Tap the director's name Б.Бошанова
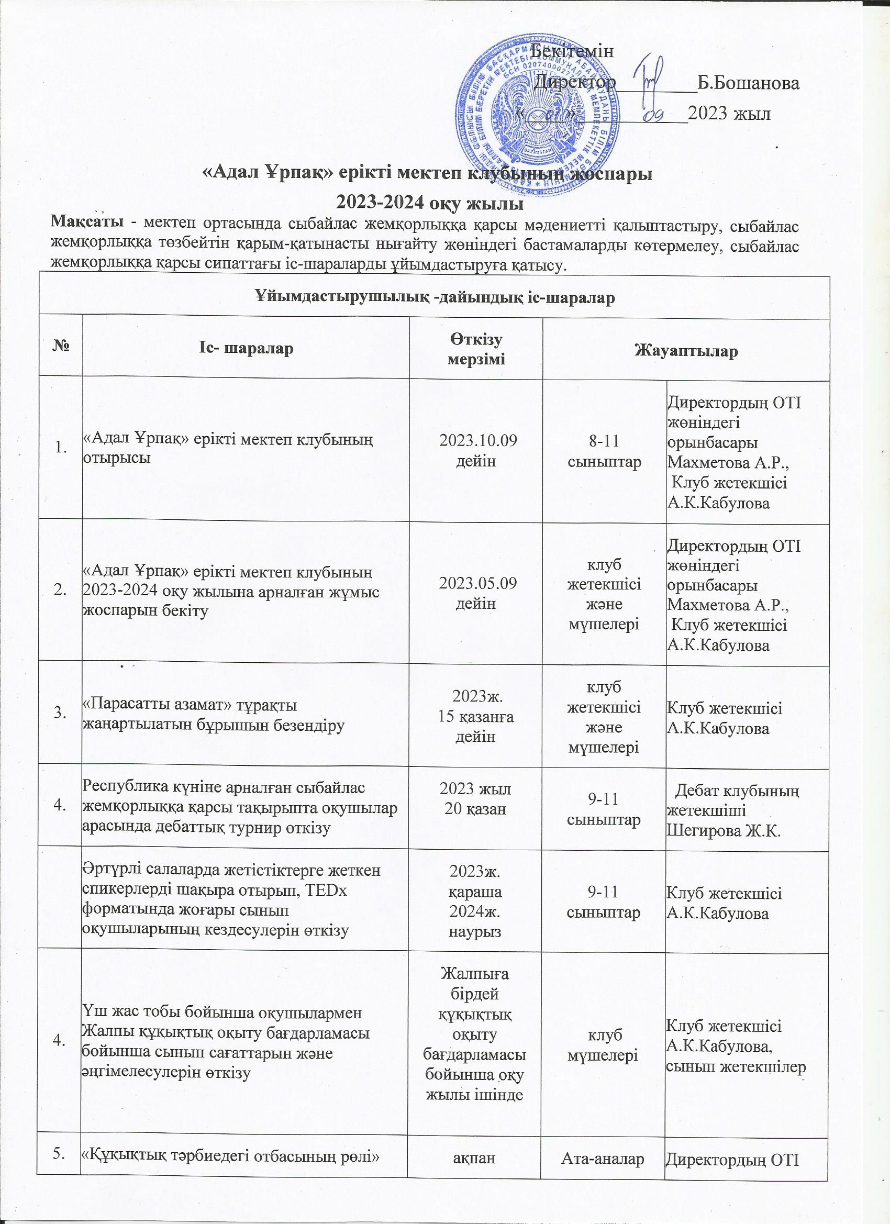(x=748, y=84)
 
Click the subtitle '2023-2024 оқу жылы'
(x=430, y=205)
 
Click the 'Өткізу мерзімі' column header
(x=476, y=349)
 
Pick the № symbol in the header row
(x=61, y=348)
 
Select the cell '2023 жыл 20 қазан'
(x=476, y=799)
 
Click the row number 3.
(x=60, y=714)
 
